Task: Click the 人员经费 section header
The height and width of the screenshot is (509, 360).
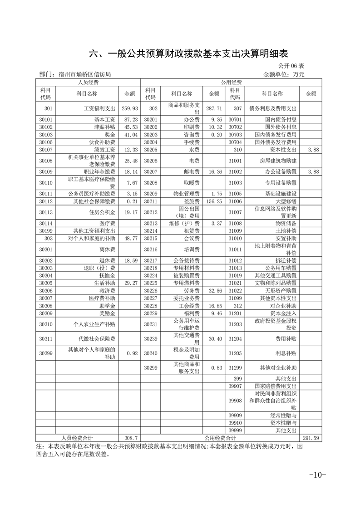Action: tap(89, 82)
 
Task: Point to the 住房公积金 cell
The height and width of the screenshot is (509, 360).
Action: tap(106, 212)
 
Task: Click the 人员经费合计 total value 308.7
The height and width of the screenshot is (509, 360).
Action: tap(131, 438)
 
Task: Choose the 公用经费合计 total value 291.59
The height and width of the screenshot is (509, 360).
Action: tap(311, 438)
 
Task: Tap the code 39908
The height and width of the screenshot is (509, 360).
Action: tap(235, 401)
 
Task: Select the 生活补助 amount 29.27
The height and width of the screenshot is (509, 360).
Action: tap(131, 283)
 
